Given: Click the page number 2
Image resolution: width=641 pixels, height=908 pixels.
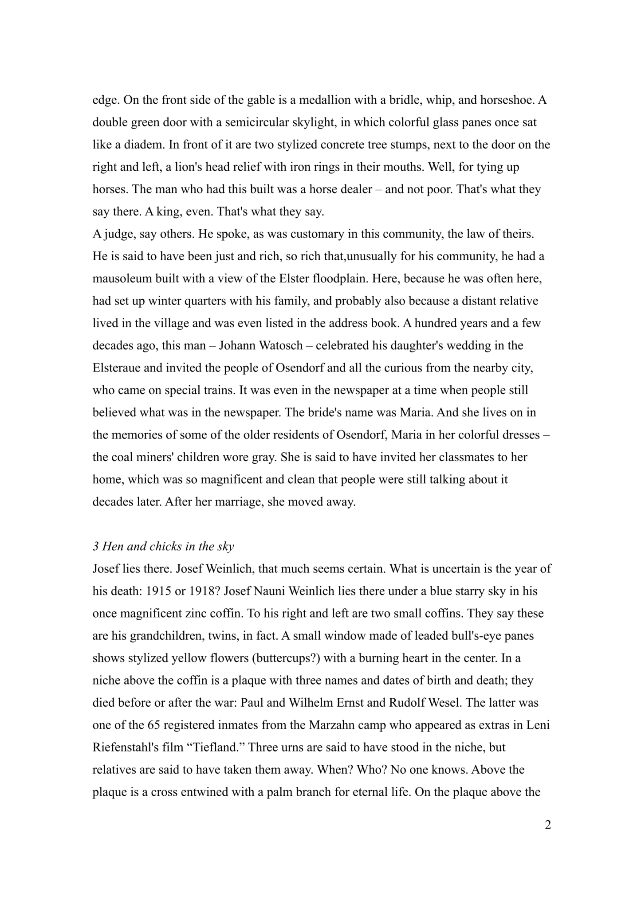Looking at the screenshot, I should tap(548, 825).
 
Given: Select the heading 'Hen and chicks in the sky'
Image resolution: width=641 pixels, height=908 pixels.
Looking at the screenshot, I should tap(168, 547).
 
